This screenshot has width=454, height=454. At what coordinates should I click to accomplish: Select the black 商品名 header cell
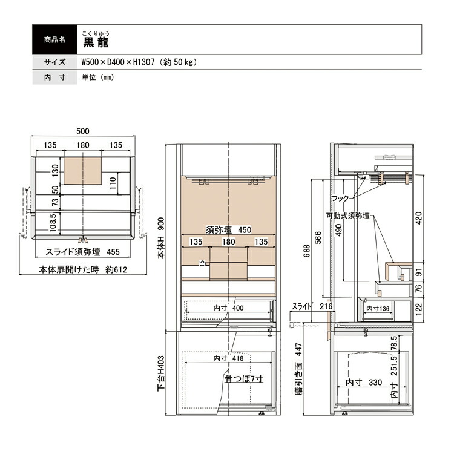tap(54, 40)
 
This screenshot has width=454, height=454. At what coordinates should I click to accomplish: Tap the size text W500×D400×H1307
tap(118, 62)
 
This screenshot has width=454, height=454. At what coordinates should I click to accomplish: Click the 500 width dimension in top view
tap(83, 131)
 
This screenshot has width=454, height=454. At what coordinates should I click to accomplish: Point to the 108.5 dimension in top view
tap(53, 223)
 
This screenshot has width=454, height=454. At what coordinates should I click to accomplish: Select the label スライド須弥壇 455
tap(82, 252)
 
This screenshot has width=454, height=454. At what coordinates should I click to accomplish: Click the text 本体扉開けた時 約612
tap(83, 270)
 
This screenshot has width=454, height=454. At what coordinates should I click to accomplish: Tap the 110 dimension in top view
tap(113, 183)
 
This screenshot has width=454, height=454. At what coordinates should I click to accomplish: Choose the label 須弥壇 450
tap(229, 230)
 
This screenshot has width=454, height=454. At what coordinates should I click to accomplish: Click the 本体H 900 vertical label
tap(161, 238)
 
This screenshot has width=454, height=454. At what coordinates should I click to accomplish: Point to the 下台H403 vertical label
tap(161, 373)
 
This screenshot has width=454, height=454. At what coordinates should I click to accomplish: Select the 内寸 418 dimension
tap(229, 358)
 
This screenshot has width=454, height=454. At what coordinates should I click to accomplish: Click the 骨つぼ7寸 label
tap(244, 378)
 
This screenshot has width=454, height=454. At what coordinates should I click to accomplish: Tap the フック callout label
tap(340, 199)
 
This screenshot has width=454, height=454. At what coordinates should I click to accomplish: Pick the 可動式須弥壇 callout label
tap(348, 216)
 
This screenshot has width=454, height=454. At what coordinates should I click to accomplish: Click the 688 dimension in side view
tap(307, 251)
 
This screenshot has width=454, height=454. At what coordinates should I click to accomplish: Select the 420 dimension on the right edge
tap(419, 218)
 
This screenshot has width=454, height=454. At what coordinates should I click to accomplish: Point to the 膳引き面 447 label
tap(299, 369)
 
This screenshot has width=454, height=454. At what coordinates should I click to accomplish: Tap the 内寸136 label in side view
tap(378, 309)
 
